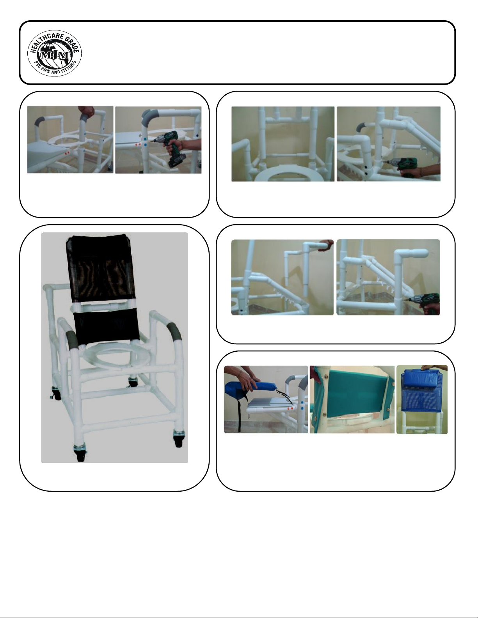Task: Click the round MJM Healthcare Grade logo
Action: coord(54,53)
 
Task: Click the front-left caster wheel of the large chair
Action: coord(80,452)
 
